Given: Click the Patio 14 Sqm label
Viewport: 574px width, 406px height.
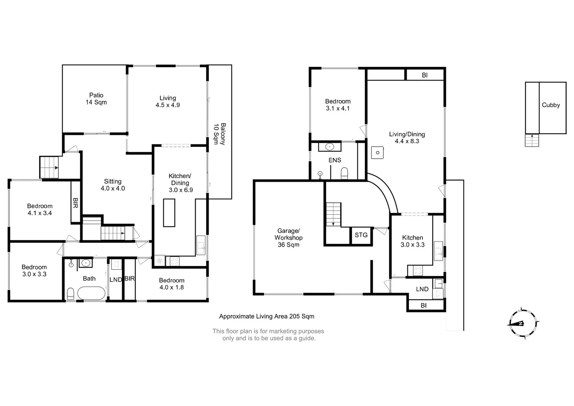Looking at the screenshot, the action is point(96,98).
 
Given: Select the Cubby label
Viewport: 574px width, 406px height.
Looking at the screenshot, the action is point(551,105).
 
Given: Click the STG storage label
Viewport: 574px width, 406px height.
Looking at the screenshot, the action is point(361,235).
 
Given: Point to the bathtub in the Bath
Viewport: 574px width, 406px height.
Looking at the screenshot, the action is point(91,293).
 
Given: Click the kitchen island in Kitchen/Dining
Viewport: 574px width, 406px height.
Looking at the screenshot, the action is point(169,213).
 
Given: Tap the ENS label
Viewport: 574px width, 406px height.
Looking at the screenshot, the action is point(335,160).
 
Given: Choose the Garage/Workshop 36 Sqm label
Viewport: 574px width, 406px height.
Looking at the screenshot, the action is point(289,238).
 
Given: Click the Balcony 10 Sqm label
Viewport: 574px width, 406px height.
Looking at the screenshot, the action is point(220,134).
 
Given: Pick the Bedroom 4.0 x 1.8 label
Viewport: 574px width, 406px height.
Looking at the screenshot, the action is point(172,284).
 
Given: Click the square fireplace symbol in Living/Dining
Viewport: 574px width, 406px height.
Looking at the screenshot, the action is point(377,153).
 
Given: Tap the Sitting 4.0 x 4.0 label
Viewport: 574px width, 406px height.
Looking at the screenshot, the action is point(113,185).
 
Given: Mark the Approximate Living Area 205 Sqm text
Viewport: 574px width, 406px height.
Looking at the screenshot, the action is point(267,316).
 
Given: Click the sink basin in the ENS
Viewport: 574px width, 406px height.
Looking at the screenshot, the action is point(330,147).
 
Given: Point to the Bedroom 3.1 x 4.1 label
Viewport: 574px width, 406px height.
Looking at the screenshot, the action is point(338,105).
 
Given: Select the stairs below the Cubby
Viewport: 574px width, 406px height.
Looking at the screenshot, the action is point(532,140).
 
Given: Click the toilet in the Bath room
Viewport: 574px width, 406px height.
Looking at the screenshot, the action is point(70,294).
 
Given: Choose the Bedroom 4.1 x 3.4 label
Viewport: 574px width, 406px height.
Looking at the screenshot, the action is point(40,209).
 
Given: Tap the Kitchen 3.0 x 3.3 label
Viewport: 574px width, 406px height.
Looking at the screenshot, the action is point(413,241).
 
